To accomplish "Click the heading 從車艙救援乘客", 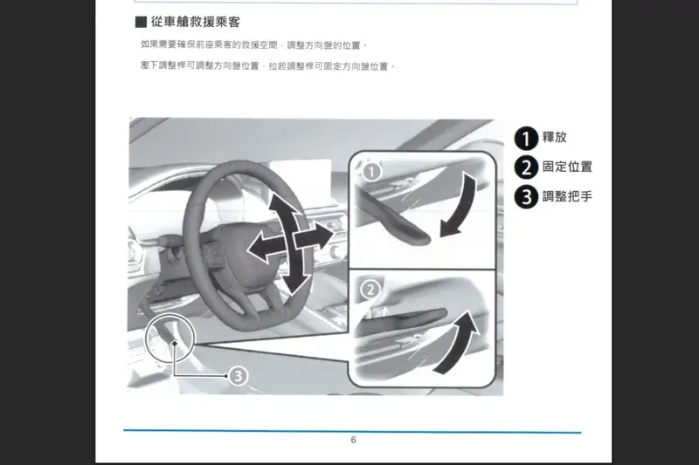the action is [x=195, y=22].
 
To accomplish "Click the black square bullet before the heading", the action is [x=141, y=22].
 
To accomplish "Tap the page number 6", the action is [x=354, y=440].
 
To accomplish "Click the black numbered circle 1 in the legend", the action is [x=527, y=138].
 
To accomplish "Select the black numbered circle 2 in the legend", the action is [x=527, y=168].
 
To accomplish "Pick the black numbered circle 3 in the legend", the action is [x=527, y=196].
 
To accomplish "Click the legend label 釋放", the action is [x=555, y=137].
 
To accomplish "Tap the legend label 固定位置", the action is [x=567, y=167].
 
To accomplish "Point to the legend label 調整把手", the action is [x=567, y=196].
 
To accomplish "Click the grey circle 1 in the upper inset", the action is [x=372, y=172].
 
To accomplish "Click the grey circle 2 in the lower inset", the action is [x=370, y=290].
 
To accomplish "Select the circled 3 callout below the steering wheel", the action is [x=238, y=376].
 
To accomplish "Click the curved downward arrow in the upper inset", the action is [x=461, y=205].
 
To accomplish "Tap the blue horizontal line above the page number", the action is [x=352, y=431].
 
